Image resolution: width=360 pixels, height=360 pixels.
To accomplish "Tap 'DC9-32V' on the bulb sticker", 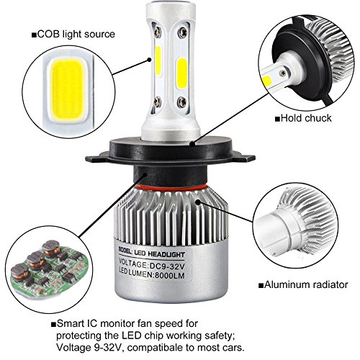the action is click(167, 266).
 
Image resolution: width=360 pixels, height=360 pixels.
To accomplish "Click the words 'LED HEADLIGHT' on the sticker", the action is click(159, 253).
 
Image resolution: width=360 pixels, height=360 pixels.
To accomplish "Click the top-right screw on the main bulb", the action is click(183, 32).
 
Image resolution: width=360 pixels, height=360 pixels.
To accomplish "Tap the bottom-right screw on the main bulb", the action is click(182, 102).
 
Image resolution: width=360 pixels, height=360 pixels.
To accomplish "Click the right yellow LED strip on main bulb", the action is click(182, 73).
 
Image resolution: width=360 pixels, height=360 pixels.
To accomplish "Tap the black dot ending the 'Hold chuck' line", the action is click(192, 144).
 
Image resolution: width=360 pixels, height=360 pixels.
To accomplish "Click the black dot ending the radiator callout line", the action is click(198, 202).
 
